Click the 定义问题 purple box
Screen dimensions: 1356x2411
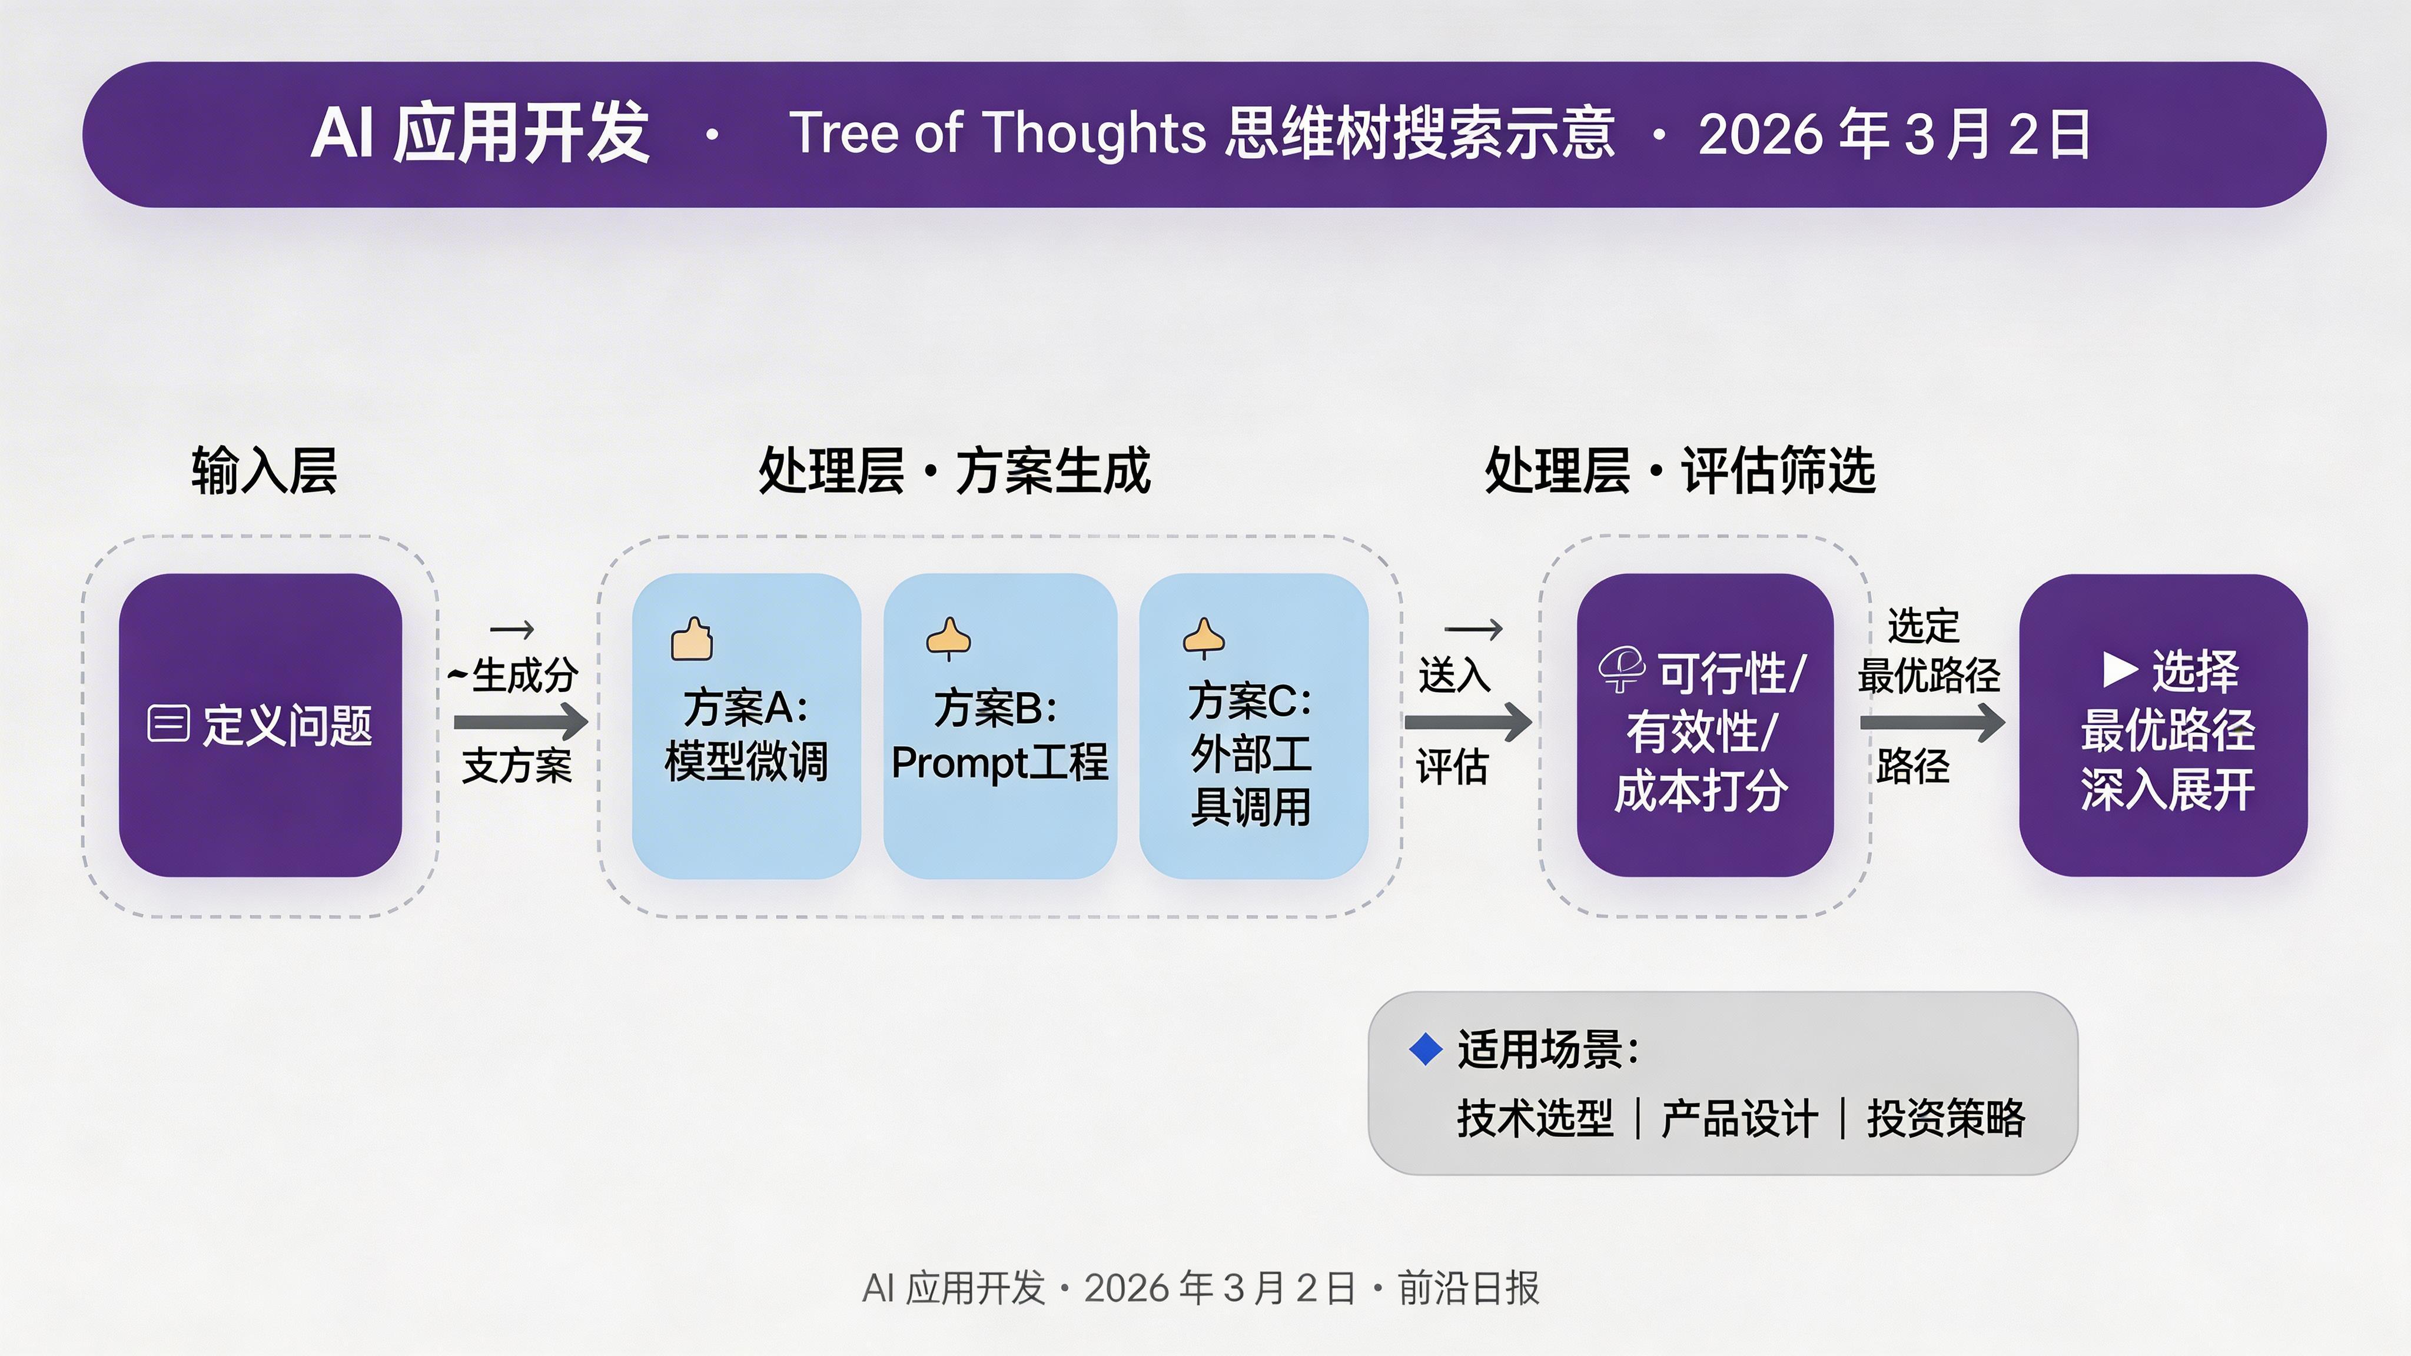[260, 725]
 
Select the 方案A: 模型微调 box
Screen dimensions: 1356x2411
[746, 726]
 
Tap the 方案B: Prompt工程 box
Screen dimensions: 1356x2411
[999, 726]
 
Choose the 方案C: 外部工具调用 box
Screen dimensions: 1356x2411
[1253, 726]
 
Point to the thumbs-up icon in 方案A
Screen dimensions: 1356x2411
[692, 640]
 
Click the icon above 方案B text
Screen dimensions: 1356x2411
[948, 638]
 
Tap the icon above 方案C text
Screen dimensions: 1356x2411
[1204, 638]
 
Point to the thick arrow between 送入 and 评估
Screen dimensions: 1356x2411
[1467, 722]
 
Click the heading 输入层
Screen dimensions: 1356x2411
[264, 471]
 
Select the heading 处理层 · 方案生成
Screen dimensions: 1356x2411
[954, 471]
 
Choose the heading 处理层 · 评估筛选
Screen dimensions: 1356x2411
[1680, 471]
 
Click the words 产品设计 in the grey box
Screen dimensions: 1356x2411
[1739, 1118]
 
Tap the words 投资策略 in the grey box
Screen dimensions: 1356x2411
[1946, 1118]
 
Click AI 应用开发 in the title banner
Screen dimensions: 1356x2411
[480, 134]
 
